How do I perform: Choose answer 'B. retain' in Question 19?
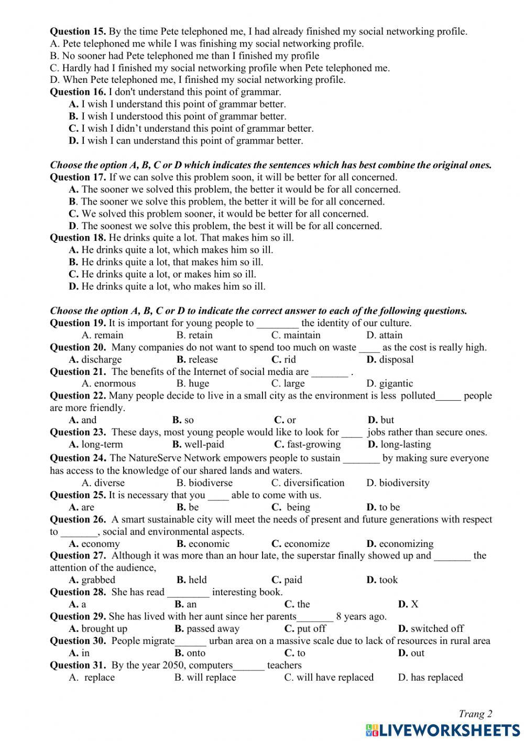click(x=194, y=335)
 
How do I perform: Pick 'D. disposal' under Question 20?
click(x=390, y=359)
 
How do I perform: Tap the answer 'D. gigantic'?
click(x=389, y=383)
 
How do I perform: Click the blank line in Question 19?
click(x=278, y=324)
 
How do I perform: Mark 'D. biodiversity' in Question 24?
click(x=398, y=482)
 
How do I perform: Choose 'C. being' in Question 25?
click(x=291, y=507)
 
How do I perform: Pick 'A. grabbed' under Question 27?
click(x=92, y=579)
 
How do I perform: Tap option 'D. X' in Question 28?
click(x=408, y=604)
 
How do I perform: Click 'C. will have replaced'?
click(x=329, y=677)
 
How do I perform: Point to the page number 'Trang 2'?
click(x=475, y=713)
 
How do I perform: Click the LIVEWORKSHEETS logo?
click(x=443, y=729)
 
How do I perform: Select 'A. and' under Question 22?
click(x=83, y=420)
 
